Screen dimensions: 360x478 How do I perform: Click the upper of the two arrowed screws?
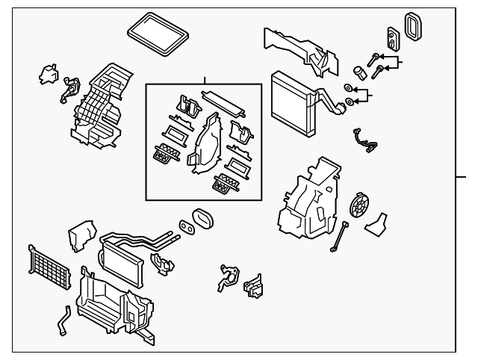tap(373, 57)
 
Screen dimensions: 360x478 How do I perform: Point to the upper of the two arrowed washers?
tap(348, 88)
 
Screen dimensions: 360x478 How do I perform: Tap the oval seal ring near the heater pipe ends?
tap(202, 219)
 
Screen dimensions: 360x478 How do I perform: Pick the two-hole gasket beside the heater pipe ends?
tap(184, 224)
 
